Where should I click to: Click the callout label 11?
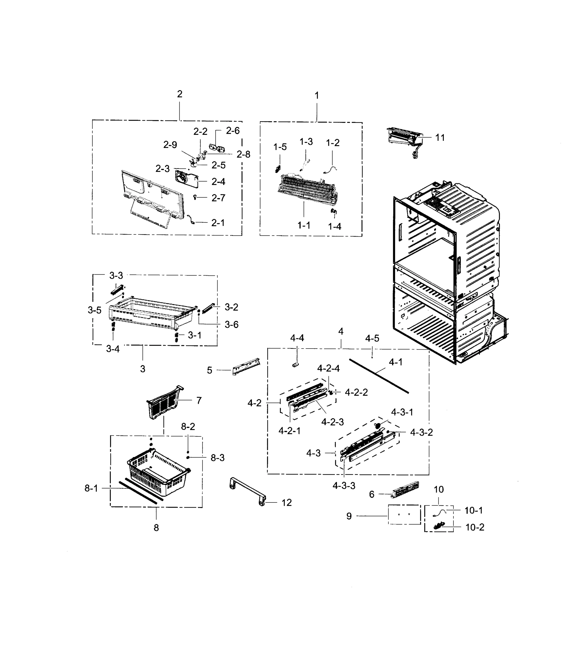440,138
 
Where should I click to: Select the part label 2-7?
218,198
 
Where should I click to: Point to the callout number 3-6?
231,324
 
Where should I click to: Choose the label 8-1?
91,488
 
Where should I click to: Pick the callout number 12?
287,502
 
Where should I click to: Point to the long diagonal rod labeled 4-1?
379,376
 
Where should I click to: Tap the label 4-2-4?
328,368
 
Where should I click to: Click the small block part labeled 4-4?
296,365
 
